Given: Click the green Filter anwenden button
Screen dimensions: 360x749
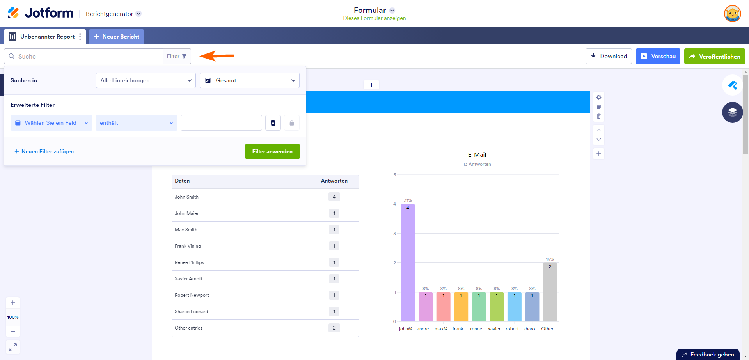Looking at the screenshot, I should (272, 151).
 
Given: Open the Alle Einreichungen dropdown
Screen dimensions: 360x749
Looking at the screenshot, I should (146, 80).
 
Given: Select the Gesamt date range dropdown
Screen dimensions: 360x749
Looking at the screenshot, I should (250, 80).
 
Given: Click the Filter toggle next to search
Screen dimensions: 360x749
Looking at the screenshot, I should (177, 56).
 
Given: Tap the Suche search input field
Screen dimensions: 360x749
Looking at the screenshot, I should (86, 56).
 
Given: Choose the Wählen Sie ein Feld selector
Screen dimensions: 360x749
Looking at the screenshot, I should (51, 123).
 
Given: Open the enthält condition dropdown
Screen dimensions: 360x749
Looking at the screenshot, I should (136, 123).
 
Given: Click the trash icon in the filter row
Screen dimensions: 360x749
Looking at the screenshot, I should (273, 123).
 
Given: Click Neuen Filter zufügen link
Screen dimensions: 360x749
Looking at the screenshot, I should (44, 151).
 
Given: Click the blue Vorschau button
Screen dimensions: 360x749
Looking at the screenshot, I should (658, 56).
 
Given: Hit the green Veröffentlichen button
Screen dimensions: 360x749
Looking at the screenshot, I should (714, 56).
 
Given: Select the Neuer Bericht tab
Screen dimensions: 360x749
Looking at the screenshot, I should (116, 37).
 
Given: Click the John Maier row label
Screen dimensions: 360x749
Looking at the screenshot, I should (187, 213).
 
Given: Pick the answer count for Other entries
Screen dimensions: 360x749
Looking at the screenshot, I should (334, 328).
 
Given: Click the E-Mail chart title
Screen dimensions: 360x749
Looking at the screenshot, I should (477, 155).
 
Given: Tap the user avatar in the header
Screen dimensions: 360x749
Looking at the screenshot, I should (732, 14).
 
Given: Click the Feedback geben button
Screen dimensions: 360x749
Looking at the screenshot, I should (708, 355).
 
